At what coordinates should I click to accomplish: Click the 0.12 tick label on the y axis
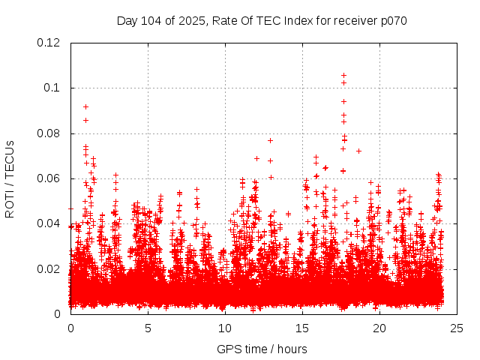pos(49,43)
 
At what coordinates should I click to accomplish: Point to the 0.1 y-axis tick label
pos(52,88)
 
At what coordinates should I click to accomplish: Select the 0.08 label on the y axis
pos(49,133)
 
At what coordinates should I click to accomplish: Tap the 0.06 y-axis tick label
pos(49,178)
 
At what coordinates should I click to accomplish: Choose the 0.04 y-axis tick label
pos(49,223)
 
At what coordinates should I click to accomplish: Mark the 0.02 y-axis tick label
pos(49,268)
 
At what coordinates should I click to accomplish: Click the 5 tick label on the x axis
pos(148,328)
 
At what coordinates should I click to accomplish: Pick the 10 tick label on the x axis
pos(225,328)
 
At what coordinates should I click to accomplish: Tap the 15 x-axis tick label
pos(302,328)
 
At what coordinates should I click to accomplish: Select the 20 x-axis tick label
pos(379,328)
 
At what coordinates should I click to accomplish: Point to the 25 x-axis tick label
pos(457,328)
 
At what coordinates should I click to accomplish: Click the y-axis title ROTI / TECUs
pos(10,178)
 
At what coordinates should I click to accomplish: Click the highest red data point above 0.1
pos(343,75)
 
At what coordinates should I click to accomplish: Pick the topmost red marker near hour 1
pos(85,106)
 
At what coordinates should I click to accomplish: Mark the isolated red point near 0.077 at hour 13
pos(270,140)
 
